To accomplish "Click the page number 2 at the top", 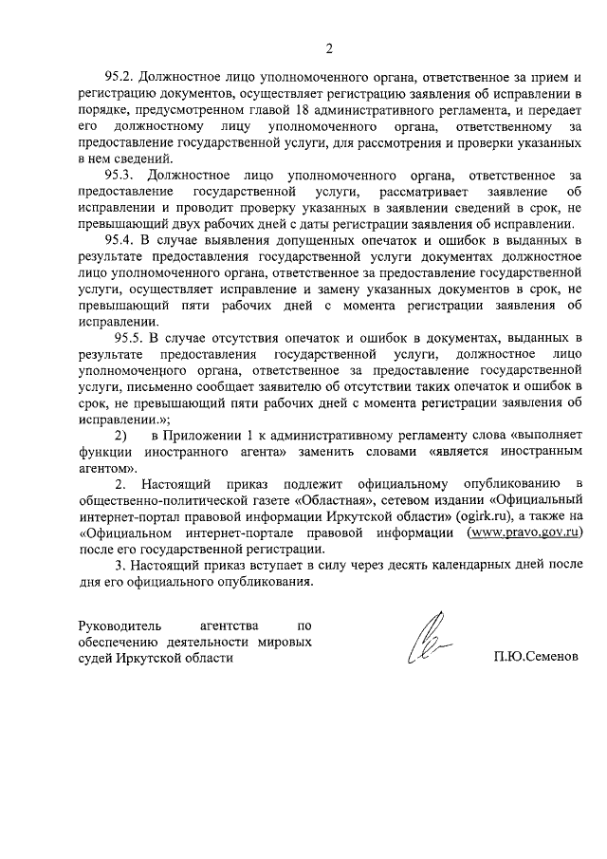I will point(328,48).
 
